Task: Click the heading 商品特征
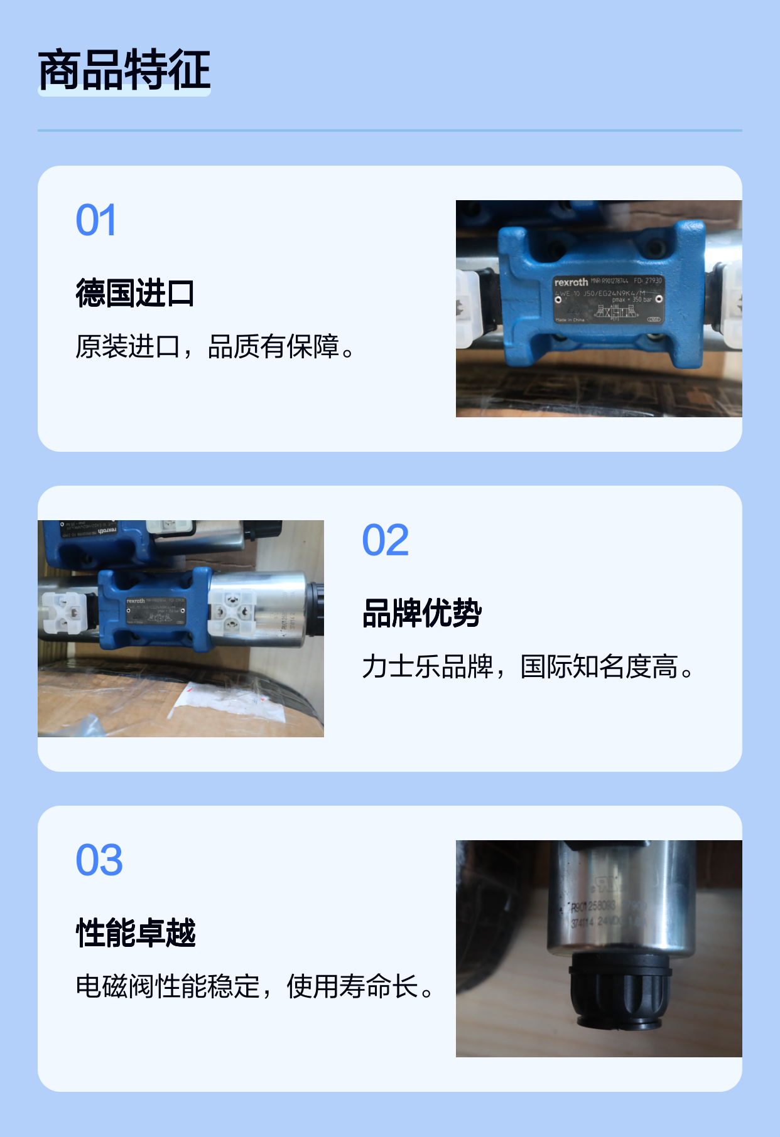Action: (x=124, y=70)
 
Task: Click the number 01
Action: (x=96, y=220)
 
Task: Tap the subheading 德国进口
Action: (x=135, y=293)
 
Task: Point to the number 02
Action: (x=385, y=540)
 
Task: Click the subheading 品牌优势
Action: (x=422, y=613)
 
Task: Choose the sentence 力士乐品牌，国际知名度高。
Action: (x=528, y=666)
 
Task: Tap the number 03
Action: (x=99, y=860)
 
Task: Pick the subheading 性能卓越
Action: (x=136, y=933)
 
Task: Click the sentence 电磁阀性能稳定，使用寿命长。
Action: (x=255, y=986)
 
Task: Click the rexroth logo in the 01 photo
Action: (x=571, y=282)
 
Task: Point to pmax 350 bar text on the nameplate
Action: (x=632, y=300)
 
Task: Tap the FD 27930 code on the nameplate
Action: (x=648, y=280)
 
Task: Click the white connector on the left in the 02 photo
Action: (x=65, y=612)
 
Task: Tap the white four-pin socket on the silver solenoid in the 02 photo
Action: (x=232, y=610)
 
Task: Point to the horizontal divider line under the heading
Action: (x=390, y=131)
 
